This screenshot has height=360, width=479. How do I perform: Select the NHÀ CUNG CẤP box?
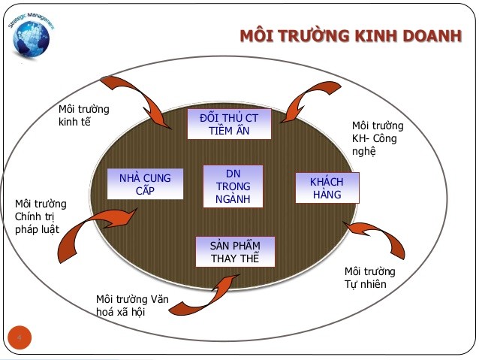(x=145, y=184)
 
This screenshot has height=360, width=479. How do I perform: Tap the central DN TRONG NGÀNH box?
(x=233, y=186)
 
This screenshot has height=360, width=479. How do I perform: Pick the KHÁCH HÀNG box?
(x=327, y=188)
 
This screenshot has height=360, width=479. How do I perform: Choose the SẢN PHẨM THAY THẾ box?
(x=235, y=253)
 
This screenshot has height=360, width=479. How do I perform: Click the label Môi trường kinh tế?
(x=83, y=116)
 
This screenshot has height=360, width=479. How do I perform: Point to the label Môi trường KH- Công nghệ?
(x=378, y=138)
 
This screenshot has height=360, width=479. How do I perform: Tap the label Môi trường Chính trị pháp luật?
(x=41, y=216)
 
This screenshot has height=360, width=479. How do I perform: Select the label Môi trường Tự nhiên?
(x=369, y=277)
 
